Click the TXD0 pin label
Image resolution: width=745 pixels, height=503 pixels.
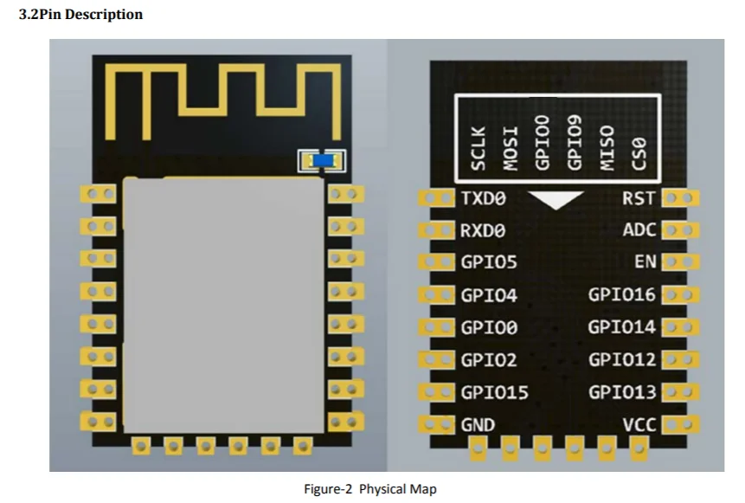coord(483,198)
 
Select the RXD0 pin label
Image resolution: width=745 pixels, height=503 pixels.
coord(483,231)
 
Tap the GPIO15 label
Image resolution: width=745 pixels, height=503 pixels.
coord(494,392)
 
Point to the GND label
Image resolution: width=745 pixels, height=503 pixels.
coord(478,425)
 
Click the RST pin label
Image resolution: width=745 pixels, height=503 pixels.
coord(639,198)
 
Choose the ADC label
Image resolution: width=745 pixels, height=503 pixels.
coord(639,231)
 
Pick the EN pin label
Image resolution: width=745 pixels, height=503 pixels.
coord(645,262)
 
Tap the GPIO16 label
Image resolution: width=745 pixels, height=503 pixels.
coord(622,294)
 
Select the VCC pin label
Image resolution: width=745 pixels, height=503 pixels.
coord(639,425)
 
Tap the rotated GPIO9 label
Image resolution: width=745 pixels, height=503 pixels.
coord(574,142)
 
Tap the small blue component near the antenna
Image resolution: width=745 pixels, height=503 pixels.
coord(322,160)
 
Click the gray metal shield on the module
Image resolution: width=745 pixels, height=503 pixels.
coord(224,304)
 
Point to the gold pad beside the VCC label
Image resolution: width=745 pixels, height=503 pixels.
coord(678,425)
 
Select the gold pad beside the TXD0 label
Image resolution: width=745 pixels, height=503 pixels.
coord(437,198)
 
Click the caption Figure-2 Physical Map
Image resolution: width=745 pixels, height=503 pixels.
coord(369,489)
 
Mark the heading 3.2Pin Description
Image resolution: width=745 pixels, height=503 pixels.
coord(80,15)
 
